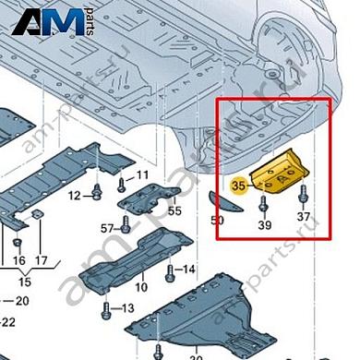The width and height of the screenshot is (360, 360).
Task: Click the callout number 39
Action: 265,225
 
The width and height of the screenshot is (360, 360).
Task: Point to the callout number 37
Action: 304,218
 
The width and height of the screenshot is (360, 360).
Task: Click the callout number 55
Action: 175,210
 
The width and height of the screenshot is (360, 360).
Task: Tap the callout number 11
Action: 143,175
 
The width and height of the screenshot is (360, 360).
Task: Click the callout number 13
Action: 128,307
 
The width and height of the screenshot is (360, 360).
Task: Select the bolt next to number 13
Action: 106,307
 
